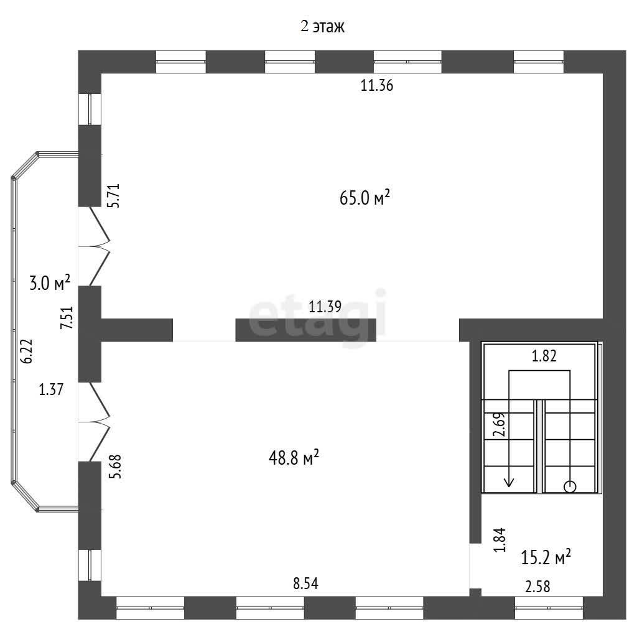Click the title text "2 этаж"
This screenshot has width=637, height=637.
[323, 26]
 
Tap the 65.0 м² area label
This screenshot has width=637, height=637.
[365, 198]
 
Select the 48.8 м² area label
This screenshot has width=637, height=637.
[294, 458]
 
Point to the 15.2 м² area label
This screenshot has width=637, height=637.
[546, 557]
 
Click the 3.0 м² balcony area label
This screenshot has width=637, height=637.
[50, 283]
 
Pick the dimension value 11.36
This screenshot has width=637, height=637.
[377, 86]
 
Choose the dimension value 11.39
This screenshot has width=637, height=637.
[325, 306]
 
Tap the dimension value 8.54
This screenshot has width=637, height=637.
[306, 584]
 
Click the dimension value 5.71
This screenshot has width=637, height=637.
[114, 196]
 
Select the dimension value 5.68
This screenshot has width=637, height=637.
[115, 466]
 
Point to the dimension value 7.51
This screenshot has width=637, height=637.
[67, 317]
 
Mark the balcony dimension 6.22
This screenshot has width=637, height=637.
[26, 351]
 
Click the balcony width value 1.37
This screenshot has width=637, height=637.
[51, 389]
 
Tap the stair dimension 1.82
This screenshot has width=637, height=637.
[544, 356]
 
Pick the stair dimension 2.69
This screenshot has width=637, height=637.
[499, 424]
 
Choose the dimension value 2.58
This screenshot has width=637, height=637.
[538, 587]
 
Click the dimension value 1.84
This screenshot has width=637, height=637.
[500, 540]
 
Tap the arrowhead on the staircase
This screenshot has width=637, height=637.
[509, 482]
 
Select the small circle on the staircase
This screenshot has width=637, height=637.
[570, 486]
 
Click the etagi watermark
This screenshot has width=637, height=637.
[317, 317]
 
